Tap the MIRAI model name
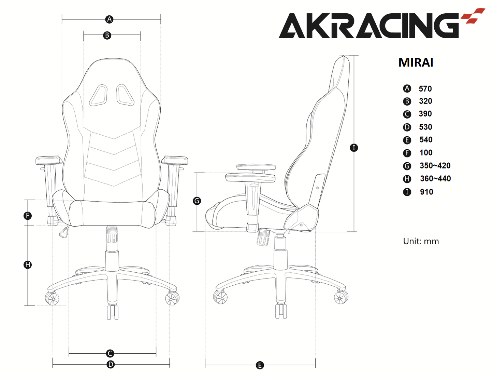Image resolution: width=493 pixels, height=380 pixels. point(416,63)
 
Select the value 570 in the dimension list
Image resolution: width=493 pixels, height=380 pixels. point(425,89)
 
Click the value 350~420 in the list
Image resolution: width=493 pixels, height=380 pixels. point(435,166)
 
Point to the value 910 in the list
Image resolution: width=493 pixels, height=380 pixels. point(426,192)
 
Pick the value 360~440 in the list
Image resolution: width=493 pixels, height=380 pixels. point(435,179)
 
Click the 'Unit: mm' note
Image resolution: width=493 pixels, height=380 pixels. point(421,241)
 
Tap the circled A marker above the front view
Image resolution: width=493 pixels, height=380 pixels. point(110,19)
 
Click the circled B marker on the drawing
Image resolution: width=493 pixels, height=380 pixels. point(107,36)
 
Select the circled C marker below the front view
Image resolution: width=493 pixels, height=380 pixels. point(110,353)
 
